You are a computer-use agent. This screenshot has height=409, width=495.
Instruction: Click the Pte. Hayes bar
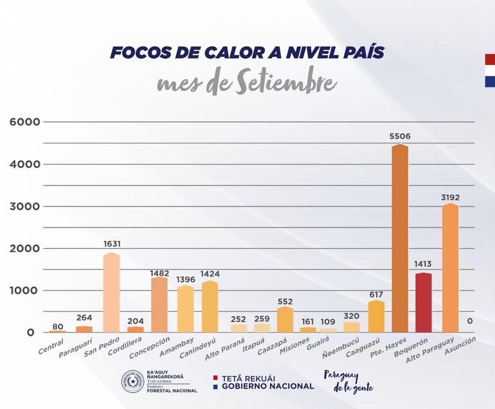click(x=399, y=238)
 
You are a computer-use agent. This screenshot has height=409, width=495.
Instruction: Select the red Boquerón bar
click(x=424, y=302)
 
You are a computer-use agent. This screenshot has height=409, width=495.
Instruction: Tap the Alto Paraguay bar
click(x=450, y=268)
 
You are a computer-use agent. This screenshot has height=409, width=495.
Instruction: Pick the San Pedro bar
click(x=112, y=293)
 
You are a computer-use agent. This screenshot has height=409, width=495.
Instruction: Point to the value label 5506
click(x=400, y=136)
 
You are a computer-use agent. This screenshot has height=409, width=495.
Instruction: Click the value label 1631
click(x=112, y=244)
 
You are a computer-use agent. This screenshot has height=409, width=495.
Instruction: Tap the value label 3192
click(x=450, y=197)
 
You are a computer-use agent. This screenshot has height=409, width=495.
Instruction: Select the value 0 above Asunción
click(x=470, y=321)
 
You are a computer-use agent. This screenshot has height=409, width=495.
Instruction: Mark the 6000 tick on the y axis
click(x=24, y=122)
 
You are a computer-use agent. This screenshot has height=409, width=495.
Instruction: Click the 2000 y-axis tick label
click(x=24, y=248)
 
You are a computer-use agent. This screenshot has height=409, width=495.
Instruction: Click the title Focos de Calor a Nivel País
click(x=247, y=53)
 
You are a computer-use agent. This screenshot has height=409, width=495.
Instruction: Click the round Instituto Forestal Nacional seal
click(x=132, y=381)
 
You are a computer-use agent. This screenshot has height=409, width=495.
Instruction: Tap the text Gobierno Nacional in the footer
click(x=268, y=386)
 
